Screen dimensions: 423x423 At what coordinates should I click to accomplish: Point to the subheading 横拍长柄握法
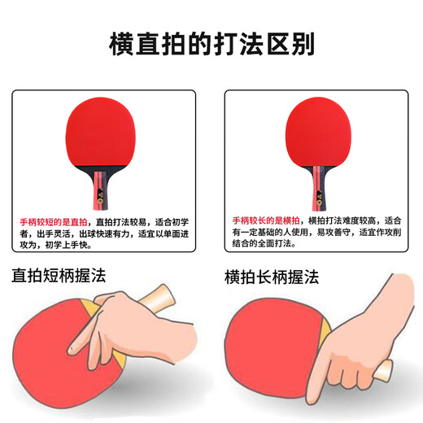click(273, 277)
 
